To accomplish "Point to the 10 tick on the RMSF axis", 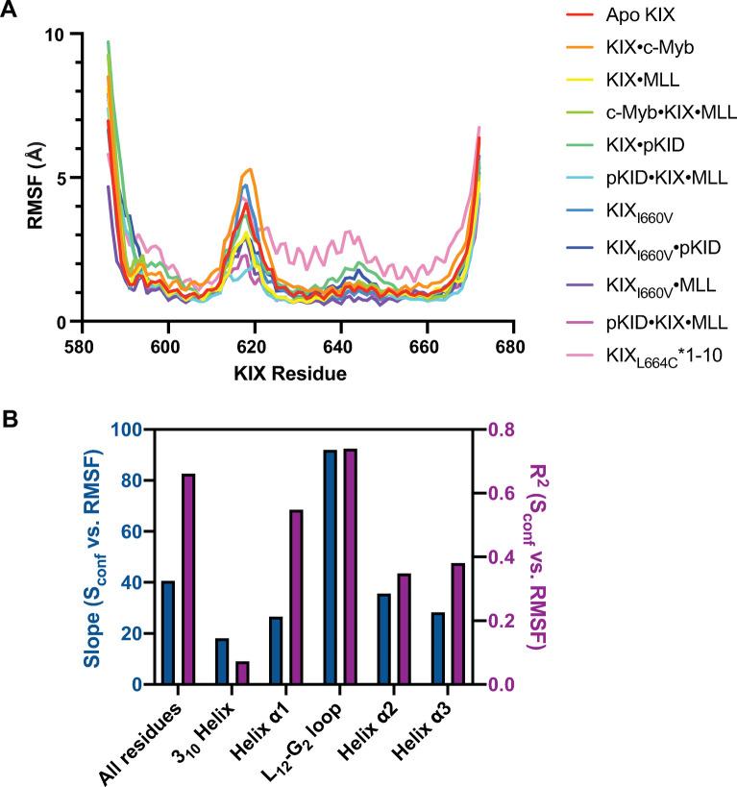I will tap(57, 35).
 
